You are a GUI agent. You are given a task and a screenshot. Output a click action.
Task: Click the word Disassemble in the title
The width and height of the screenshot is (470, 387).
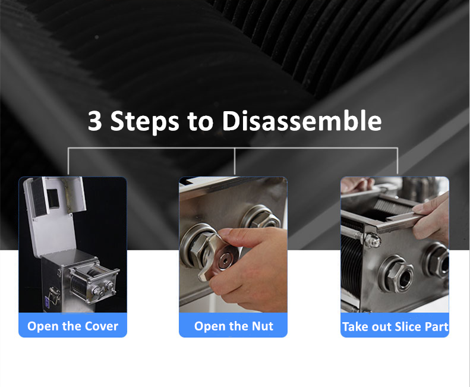[x=302, y=121]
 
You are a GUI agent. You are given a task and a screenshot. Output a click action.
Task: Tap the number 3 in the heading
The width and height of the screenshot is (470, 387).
[x=94, y=121]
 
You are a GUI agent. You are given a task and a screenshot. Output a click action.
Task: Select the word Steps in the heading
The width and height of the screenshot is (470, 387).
[x=145, y=121]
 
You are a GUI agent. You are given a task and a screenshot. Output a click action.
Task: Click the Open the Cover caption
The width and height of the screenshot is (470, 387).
[x=72, y=326]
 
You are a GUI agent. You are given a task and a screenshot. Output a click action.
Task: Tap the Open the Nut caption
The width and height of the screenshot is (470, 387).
[x=234, y=326]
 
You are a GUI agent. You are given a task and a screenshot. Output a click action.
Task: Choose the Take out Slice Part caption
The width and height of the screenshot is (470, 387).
[x=395, y=327]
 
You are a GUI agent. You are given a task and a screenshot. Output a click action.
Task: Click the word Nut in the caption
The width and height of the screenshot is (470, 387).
[x=262, y=326]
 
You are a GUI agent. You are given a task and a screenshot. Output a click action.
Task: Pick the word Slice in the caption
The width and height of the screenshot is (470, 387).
[x=407, y=327]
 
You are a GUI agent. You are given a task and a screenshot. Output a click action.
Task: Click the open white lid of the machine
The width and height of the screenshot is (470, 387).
[x=55, y=216]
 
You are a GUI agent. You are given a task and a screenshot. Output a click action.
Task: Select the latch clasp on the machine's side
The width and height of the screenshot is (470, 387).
[x=53, y=295]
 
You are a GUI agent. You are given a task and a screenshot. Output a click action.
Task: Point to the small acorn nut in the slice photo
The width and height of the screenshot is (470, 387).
[x=373, y=240]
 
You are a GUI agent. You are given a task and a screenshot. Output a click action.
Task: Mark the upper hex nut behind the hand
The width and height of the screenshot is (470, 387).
[x=260, y=216]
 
